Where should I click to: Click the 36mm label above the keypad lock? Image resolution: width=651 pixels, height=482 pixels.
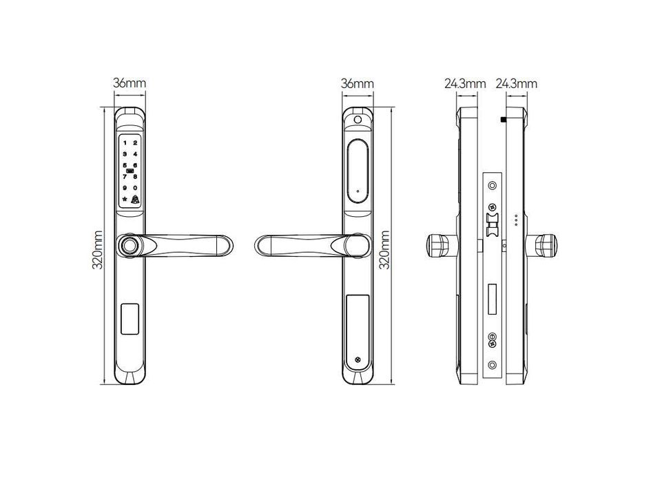(130, 84)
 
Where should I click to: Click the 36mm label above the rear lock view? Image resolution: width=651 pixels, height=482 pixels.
(357, 84)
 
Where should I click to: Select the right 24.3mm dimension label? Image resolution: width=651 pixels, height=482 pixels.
(517, 84)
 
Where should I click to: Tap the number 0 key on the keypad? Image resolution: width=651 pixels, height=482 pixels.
(136, 188)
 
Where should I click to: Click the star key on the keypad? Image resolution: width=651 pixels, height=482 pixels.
(125, 200)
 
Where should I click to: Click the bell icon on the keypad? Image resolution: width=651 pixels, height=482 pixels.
(136, 200)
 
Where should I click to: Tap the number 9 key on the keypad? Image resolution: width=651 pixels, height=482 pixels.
(125, 188)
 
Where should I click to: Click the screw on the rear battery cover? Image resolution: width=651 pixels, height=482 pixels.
(358, 360)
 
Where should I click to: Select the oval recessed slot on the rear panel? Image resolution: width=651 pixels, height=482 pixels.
(358, 172)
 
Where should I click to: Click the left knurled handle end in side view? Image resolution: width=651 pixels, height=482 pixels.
(437, 246)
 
